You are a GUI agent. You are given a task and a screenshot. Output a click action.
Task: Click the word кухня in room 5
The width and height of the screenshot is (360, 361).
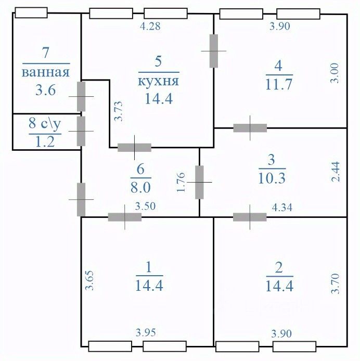click(x=159, y=82)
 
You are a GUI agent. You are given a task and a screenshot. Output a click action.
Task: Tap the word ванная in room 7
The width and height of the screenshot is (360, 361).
click(x=46, y=72)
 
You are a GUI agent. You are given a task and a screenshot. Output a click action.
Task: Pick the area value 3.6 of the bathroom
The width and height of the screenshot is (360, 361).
click(x=46, y=91)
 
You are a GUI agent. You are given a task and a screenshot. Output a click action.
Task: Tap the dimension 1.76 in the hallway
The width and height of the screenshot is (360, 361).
click(x=181, y=182)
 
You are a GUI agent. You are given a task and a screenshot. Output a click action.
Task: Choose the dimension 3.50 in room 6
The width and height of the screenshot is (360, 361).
click(x=145, y=207)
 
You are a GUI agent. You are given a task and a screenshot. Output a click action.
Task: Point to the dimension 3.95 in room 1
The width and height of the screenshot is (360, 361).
click(x=146, y=332)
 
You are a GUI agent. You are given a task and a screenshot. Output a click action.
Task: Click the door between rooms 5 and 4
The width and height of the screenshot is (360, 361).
click(x=213, y=50)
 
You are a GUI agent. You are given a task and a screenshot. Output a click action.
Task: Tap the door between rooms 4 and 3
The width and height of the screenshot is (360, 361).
click(x=250, y=128)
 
